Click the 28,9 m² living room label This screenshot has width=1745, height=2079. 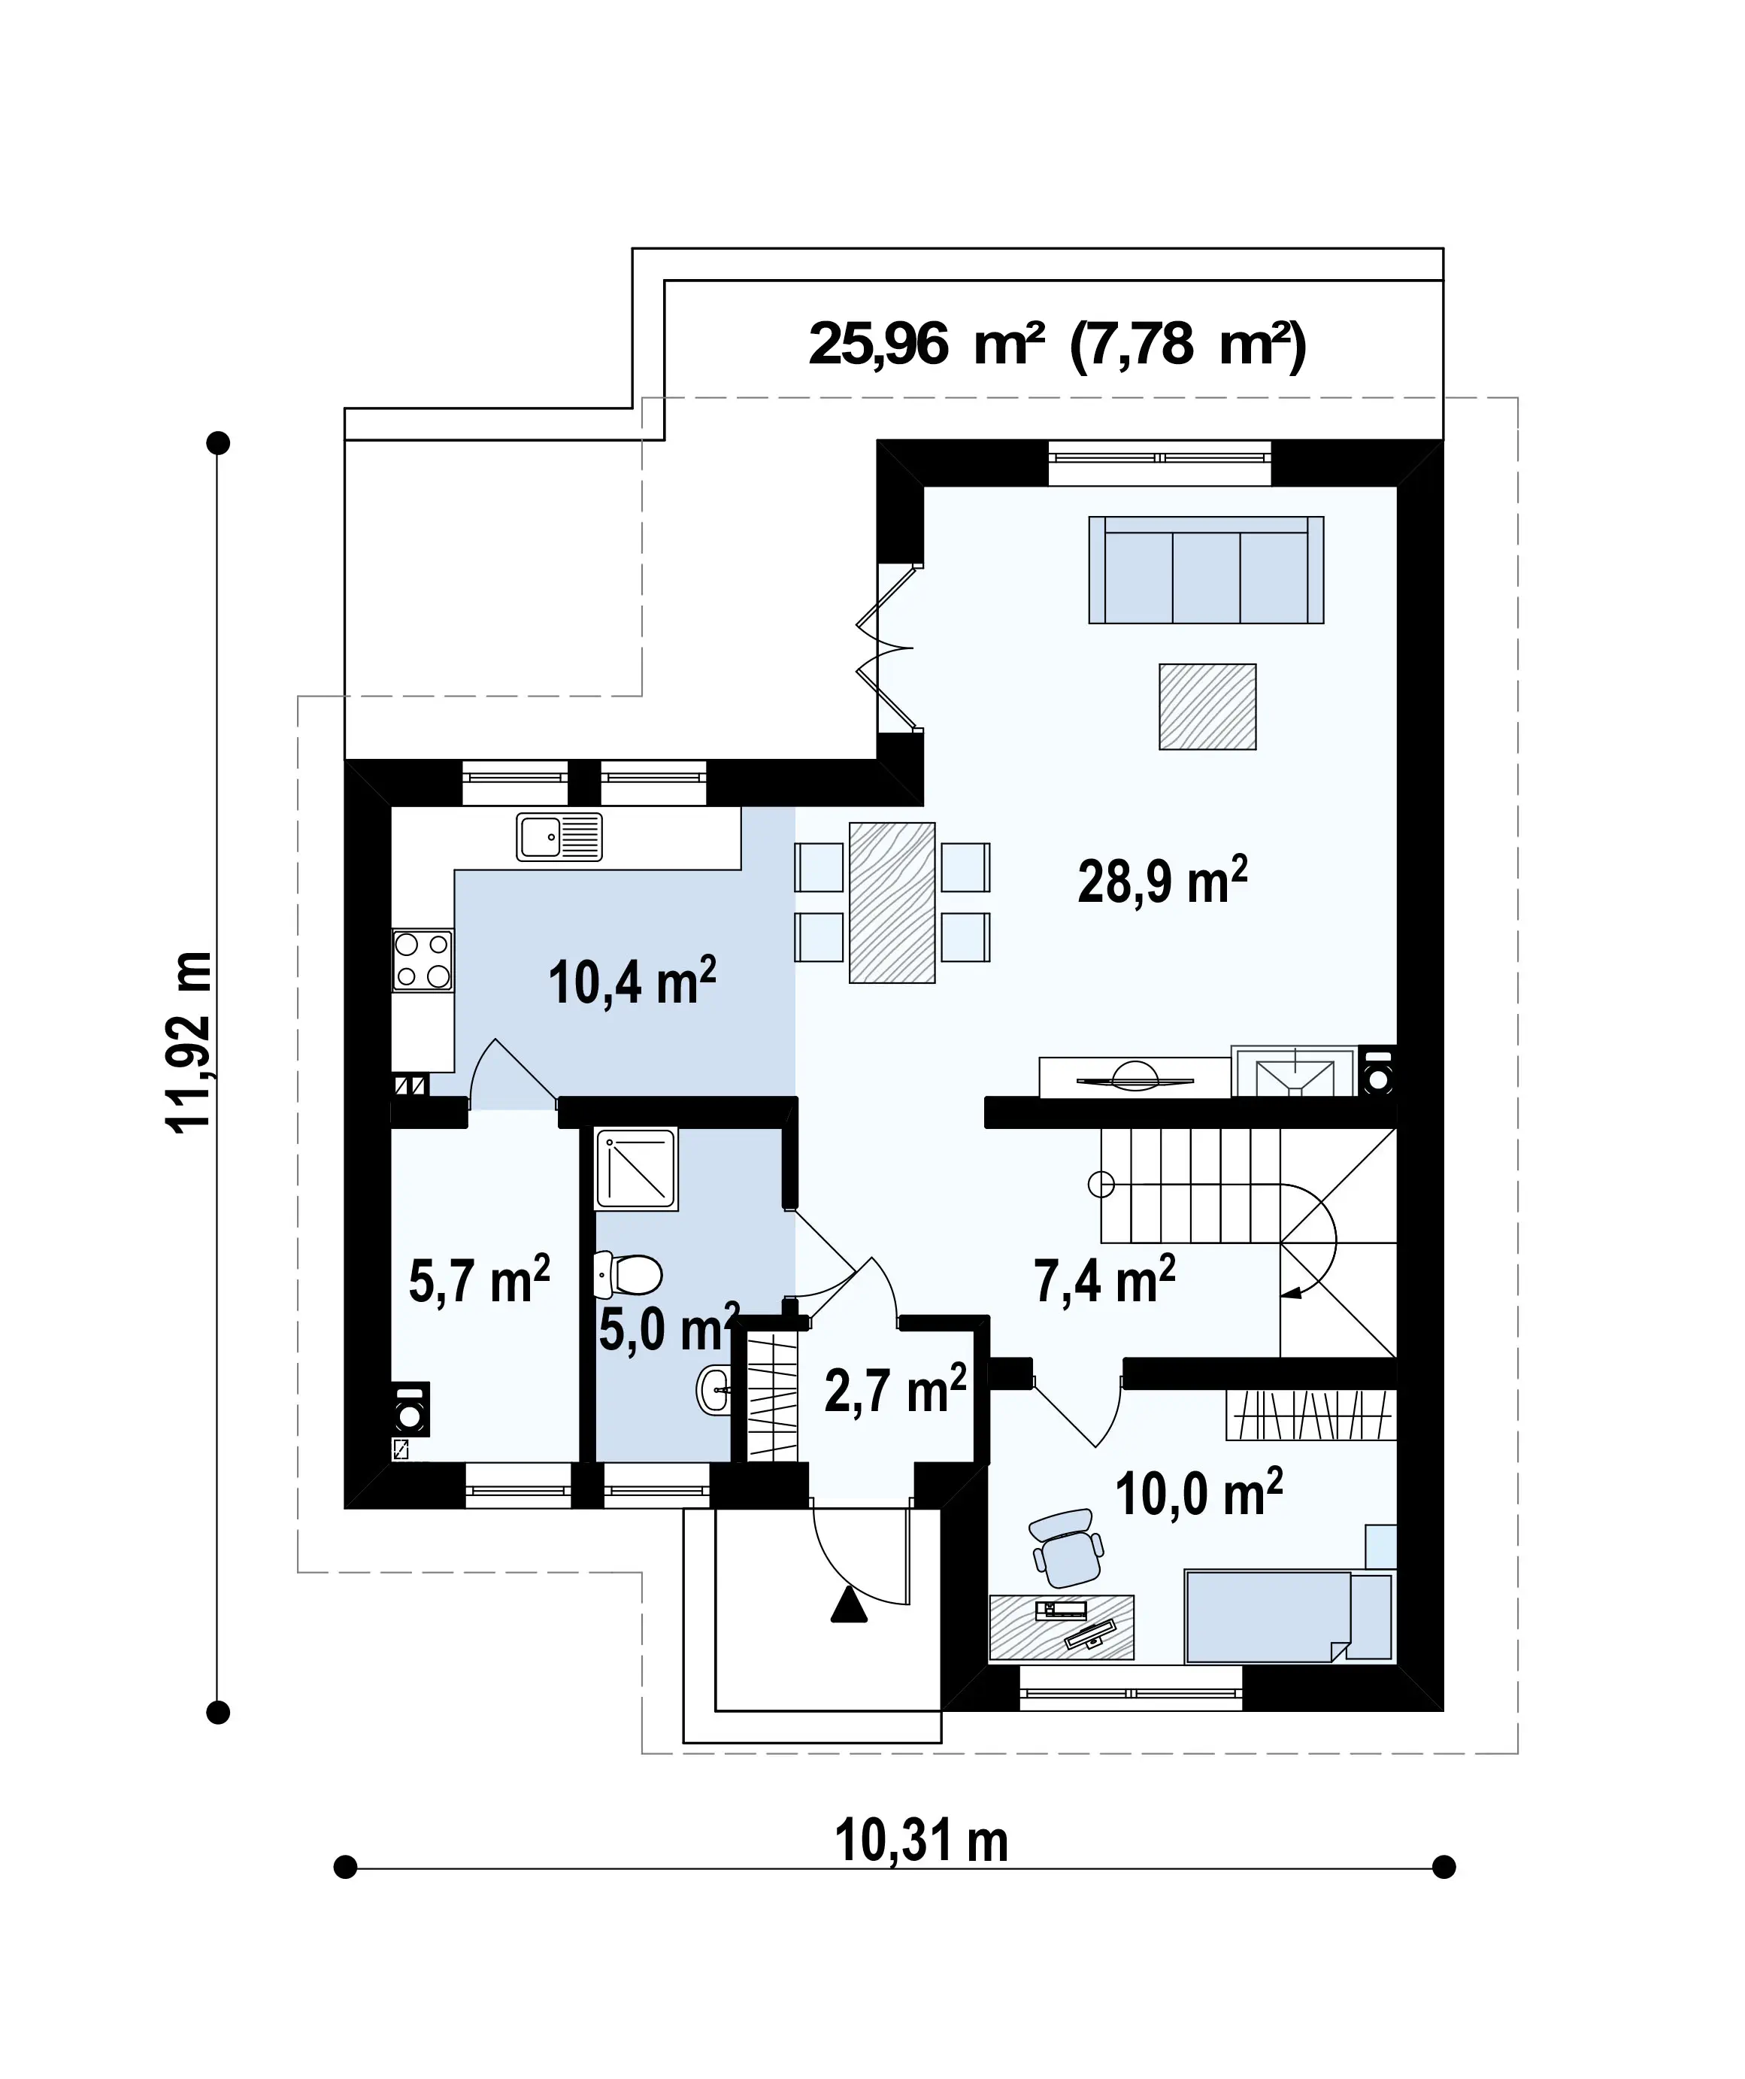click(x=1162, y=880)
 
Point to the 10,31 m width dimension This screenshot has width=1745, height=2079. click(x=922, y=1841)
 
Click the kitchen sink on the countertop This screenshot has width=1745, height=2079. click(x=559, y=836)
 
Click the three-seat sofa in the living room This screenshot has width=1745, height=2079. click(x=1206, y=569)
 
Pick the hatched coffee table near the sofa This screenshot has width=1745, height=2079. click(x=1207, y=707)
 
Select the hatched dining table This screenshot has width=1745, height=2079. click(x=892, y=902)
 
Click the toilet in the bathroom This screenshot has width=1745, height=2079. click(x=628, y=1275)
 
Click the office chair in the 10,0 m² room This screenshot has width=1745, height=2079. click(x=1066, y=1549)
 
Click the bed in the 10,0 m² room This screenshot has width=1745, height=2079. click(x=1289, y=1616)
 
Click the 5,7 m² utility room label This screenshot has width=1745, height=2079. click(x=479, y=1280)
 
